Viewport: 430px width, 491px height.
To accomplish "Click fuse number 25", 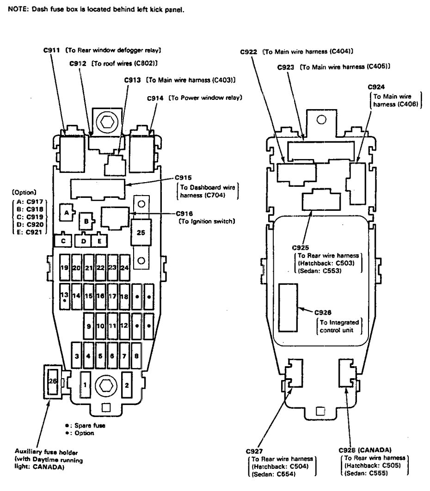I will pyautogui.click(x=141, y=233).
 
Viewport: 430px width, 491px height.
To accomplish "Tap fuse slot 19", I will pyautogui.click(x=65, y=268).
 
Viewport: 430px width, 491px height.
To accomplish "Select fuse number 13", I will pyautogui.click(x=65, y=295).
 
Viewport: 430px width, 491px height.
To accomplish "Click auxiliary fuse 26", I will pyautogui.click(x=52, y=381).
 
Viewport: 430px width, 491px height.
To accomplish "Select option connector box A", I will pyautogui.click(x=66, y=213).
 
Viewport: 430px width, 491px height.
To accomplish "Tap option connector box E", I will pyautogui.click(x=99, y=240).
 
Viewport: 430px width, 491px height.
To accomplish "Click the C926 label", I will pyautogui.click(x=323, y=313).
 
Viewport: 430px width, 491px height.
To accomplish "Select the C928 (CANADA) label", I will pyautogui.click(x=364, y=449).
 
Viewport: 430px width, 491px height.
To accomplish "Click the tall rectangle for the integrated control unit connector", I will pyautogui.click(x=288, y=307).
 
